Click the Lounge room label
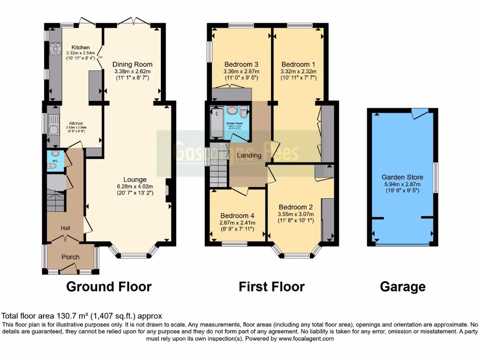(135, 180)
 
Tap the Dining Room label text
(133, 64)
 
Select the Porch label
(71, 256)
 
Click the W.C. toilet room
(53, 159)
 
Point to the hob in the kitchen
(56, 48)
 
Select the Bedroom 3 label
(241, 64)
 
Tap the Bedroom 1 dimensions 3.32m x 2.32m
(298, 71)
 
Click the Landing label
(249, 155)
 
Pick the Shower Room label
(236, 123)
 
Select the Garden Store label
(402, 177)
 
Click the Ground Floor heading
(109, 286)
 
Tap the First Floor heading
(271, 286)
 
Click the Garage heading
(403, 286)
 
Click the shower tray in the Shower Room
(217, 123)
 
